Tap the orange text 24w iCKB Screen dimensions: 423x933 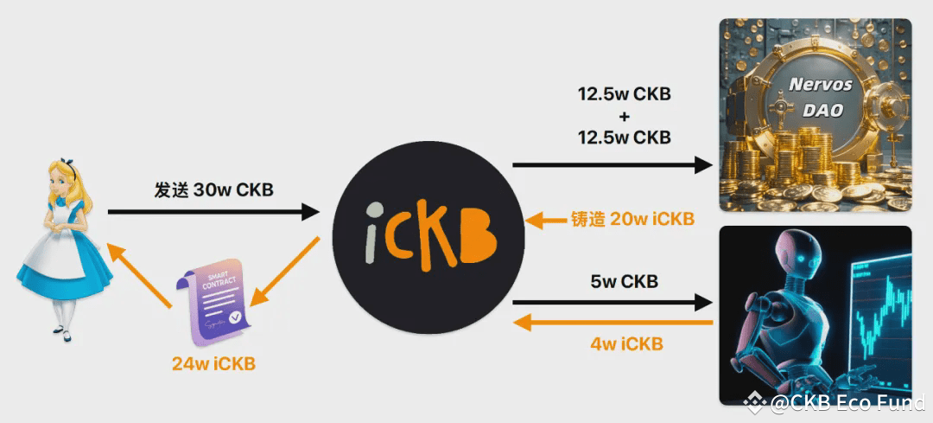pos(213,363)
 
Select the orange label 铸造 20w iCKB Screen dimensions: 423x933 pos(632,219)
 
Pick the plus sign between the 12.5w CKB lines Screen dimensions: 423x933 pos(624,115)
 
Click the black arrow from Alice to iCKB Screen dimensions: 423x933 pos(213,211)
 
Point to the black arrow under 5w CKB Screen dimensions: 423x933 pos(612,302)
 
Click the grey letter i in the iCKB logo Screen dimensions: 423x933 pos(373,231)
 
